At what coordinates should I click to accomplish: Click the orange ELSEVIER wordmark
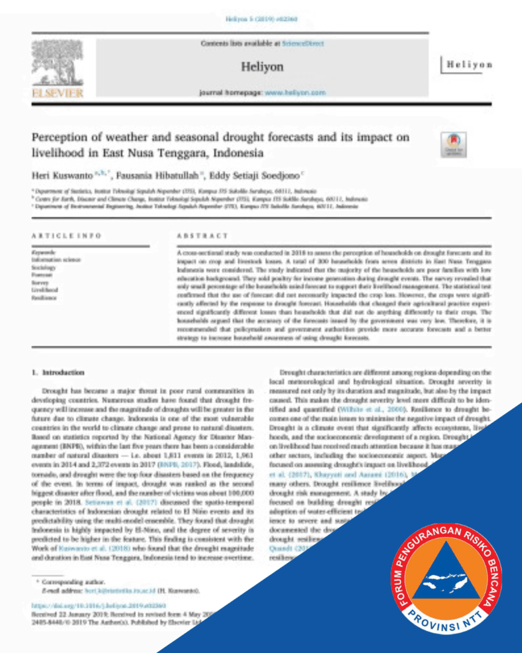[x=57, y=93]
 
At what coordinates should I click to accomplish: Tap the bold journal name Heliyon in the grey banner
[x=262, y=66]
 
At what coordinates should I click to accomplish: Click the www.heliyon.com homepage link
[x=295, y=92]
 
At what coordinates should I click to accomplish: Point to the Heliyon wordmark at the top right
[x=469, y=65]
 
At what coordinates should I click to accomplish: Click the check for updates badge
[x=453, y=145]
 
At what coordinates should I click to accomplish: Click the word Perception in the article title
[x=61, y=138]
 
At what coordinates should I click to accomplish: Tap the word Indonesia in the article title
[x=238, y=153]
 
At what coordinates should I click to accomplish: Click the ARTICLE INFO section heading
[x=66, y=235]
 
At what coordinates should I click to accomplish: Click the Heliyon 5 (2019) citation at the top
[x=261, y=19]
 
